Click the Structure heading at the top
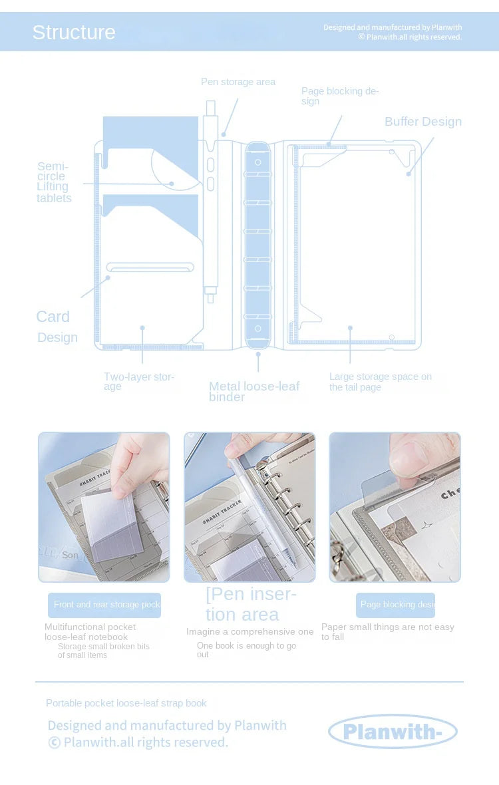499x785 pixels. [x=74, y=32]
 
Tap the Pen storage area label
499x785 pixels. [x=238, y=82]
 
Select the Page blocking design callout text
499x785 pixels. [x=339, y=96]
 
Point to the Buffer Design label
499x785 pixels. [x=422, y=122]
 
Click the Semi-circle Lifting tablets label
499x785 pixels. [x=54, y=182]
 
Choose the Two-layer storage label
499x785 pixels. [x=138, y=381]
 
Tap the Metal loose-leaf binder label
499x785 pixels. [x=254, y=391]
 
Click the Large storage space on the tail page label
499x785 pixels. [x=380, y=381]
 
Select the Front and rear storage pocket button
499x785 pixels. [x=104, y=605]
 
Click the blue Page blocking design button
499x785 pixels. [x=395, y=605]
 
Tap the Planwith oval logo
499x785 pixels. [x=393, y=732]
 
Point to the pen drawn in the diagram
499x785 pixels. [x=210, y=200]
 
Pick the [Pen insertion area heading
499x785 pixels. [x=251, y=604]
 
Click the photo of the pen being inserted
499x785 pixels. [x=249, y=507]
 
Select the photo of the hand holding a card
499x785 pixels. [x=104, y=507]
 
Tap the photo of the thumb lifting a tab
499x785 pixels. [x=395, y=507]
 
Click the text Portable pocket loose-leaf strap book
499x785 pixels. [x=126, y=703]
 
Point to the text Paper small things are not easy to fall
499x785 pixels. [x=387, y=631]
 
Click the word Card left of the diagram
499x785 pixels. [x=53, y=317]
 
